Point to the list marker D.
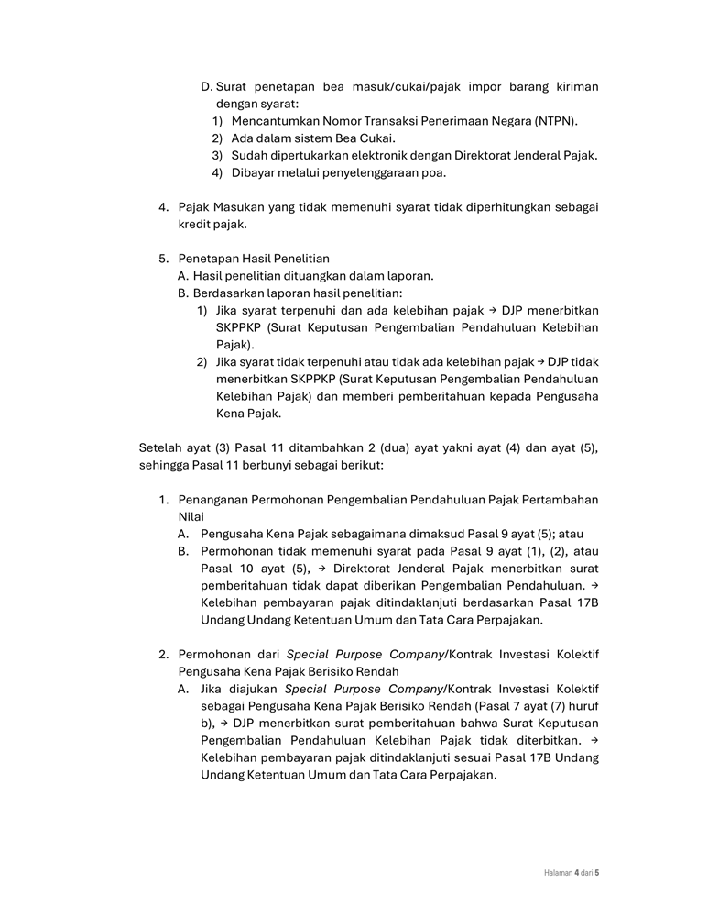tap(206, 87)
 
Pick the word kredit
tap(197, 225)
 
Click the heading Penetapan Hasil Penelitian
tap(254, 259)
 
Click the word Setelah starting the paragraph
tap(161, 447)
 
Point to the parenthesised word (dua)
tap(391, 447)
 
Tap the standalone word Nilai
tap(192, 517)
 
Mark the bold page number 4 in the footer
tap(576, 873)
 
